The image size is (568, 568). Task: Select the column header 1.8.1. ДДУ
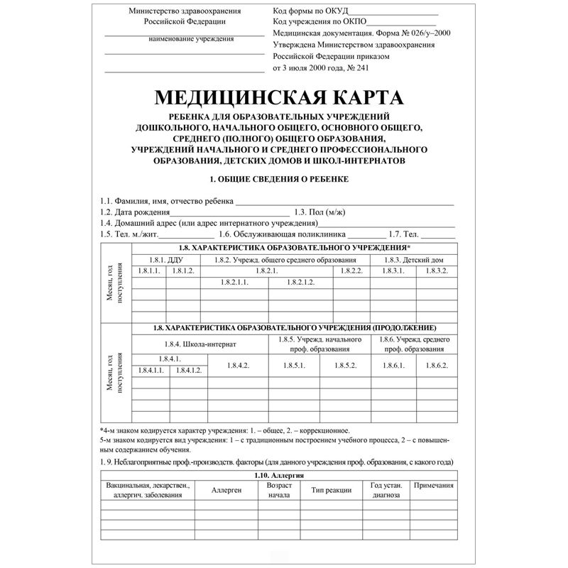pos(165,260)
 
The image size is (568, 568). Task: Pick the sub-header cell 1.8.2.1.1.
pos(236,283)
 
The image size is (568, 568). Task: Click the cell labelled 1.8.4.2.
pos(237,365)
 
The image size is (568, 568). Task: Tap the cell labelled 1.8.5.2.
pos(346,365)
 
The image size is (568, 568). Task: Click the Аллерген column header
pos(226,489)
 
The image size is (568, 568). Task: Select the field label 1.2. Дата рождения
pos(136,212)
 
